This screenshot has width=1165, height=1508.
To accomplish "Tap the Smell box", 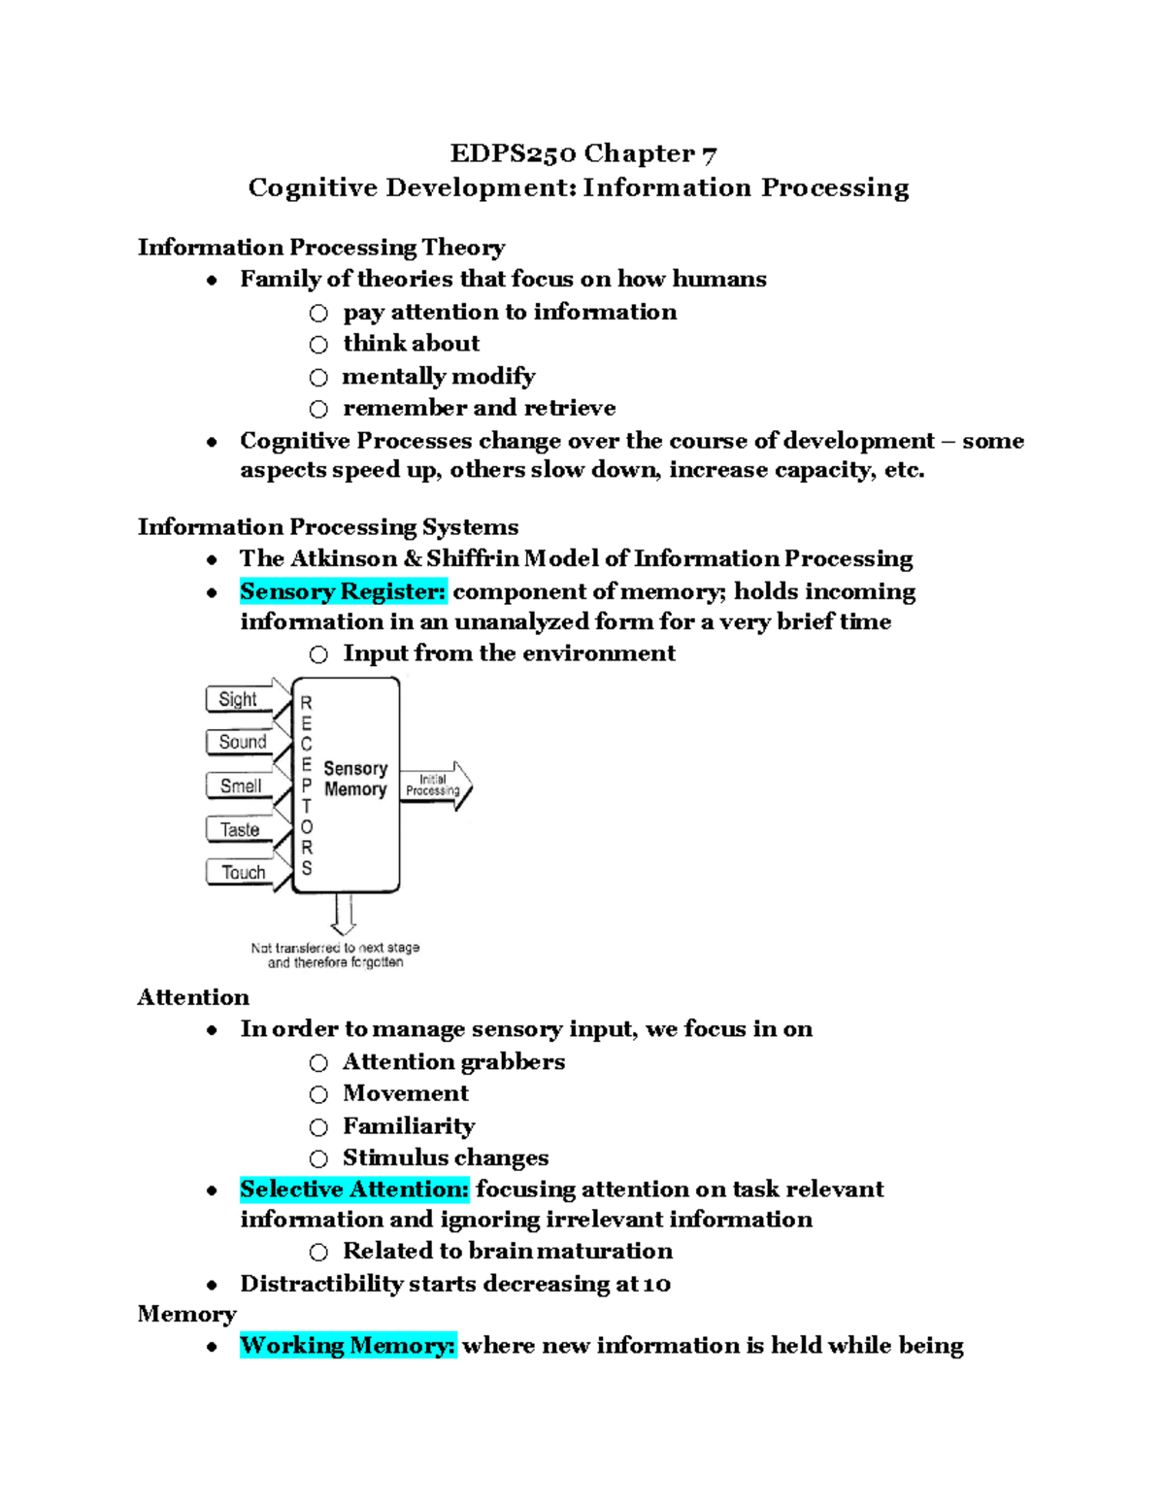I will pos(240,786).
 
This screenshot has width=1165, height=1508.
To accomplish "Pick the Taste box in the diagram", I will pos(239,829).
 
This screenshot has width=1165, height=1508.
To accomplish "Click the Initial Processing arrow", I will pos(435,786).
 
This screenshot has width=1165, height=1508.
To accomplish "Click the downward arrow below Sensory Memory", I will pos(343,914).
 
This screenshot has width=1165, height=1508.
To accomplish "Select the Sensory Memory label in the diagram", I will pos(355,779).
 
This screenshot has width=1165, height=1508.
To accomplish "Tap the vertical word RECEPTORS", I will pos(307,785).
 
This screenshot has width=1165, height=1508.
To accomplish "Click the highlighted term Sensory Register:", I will pos(343,591).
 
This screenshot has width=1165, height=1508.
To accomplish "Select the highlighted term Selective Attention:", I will pos(354,1190).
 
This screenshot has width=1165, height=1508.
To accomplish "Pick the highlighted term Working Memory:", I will pos(348,1346).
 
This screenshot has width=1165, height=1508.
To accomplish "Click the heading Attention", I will pos(193,997).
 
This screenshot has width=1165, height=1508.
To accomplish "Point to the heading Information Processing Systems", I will pos(328,526).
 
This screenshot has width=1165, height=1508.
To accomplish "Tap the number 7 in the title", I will pos(709,154).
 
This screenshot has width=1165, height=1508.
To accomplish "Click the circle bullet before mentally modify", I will pos(318,377).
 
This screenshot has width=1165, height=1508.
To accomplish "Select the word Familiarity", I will pos(409,1126).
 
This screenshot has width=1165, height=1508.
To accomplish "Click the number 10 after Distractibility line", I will pos(656,1285).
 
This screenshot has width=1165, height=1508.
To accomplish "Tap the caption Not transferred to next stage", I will pos(335,948).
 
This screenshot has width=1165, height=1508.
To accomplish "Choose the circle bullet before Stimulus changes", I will pos(318,1158).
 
